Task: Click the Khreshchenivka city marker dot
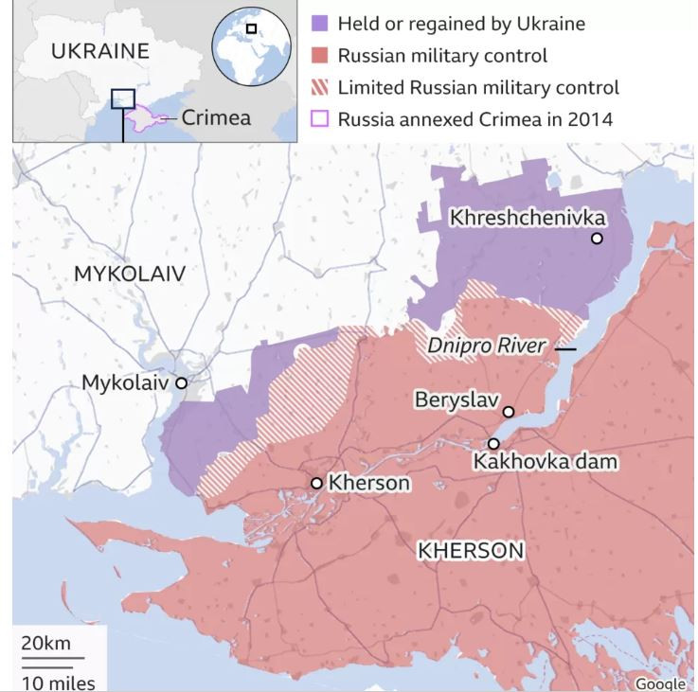tap(597, 239)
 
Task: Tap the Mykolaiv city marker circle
tap(181, 383)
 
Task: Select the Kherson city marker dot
tap(317, 483)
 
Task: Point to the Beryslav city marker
tap(509, 412)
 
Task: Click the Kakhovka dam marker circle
tap(493, 443)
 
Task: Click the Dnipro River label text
tap(486, 346)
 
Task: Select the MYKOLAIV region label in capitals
tap(129, 275)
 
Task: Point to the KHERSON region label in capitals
tap(471, 550)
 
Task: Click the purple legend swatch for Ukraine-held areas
tap(319, 24)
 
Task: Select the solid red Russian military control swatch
tap(319, 56)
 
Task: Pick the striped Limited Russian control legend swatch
tap(319, 87)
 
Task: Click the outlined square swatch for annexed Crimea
tap(319, 119)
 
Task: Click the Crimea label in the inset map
tap(216, 118)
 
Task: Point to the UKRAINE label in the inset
tap(99, 51)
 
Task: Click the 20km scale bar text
tap(45, 644)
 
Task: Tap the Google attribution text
tap(660, 683)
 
